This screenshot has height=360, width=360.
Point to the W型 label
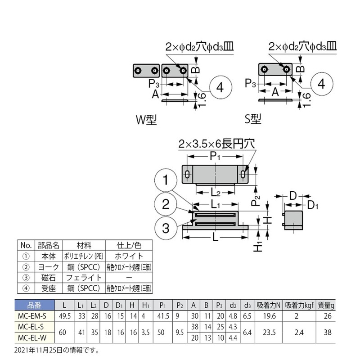146,120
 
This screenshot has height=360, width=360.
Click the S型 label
253,119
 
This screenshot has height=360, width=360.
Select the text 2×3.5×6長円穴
216,144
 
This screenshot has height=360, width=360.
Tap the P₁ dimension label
215,156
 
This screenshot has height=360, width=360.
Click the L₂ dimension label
216,193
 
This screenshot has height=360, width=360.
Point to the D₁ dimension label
313,205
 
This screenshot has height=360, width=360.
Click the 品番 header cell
35,305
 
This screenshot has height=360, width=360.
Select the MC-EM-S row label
32,316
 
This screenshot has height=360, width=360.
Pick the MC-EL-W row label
32,338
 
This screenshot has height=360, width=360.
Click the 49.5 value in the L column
64,316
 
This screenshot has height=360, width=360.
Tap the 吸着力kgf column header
299,306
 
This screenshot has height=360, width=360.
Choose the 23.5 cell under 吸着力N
269,333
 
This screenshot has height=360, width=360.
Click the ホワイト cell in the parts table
129,256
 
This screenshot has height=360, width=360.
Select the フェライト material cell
84,278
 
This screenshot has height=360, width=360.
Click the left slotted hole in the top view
187,175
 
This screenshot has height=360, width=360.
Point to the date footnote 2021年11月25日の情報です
57,351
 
